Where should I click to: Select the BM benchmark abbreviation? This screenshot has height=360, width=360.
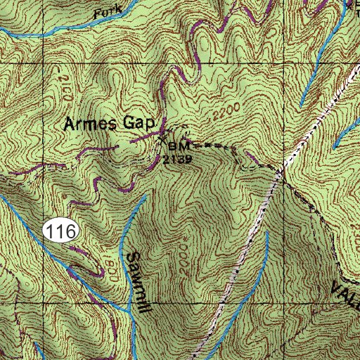click(180, 146)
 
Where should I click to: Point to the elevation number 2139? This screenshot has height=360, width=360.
click(176, 159)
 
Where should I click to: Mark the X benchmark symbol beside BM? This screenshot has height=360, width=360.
click(163, 140)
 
